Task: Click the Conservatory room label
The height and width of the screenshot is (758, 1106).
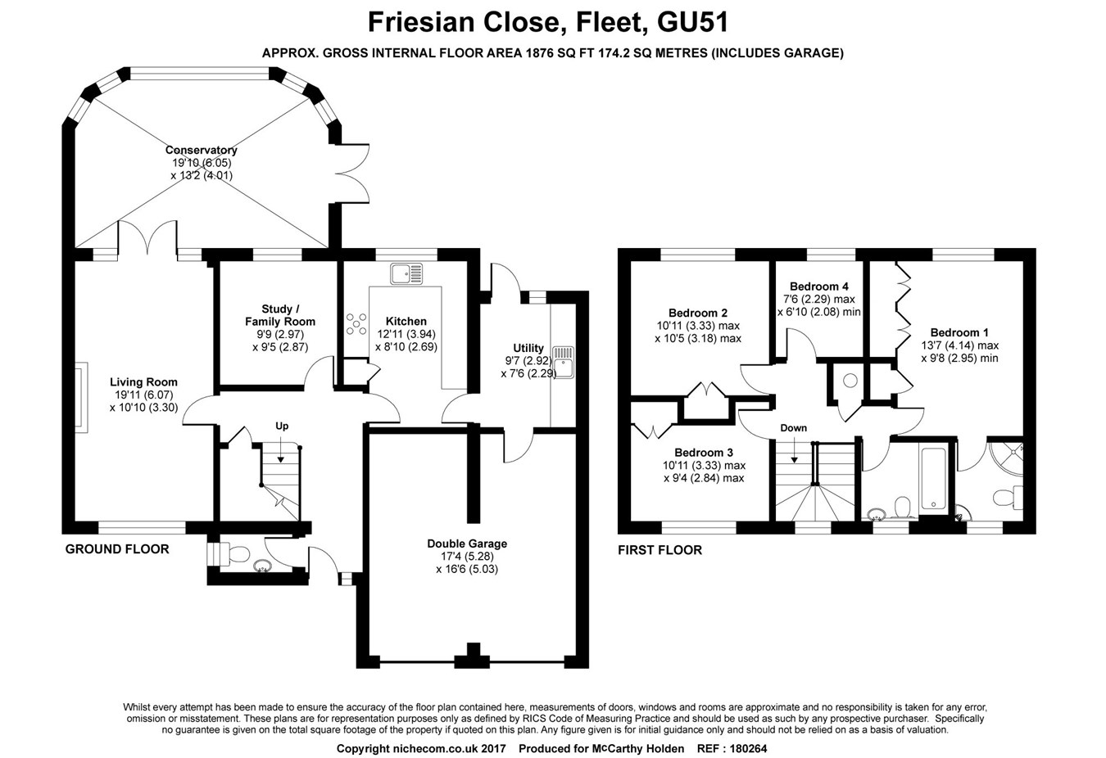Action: click(x=201, y=150)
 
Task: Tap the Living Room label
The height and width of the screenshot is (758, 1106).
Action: click(x=143, y=381)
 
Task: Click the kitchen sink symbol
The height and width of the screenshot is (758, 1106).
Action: click(x=406, y=273)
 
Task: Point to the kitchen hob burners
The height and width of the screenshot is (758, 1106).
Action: click(x=357, y=324)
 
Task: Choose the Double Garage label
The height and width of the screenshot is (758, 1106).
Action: click(x=467, y=544)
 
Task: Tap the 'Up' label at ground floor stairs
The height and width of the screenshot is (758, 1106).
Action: click(x=282, y=426)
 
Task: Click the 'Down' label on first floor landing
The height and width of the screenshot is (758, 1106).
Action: click(x=793, y=428)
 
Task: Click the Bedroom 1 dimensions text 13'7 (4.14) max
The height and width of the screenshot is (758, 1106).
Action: click(x=959, y=345)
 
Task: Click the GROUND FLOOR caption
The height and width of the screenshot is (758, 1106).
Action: click(x=117, y=549)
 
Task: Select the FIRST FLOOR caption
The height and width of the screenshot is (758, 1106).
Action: click(x=660, y=550)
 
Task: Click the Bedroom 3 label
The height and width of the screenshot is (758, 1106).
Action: click(x=703, y=453)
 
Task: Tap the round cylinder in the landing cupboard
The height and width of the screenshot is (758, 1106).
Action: click(x=850, y=381)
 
